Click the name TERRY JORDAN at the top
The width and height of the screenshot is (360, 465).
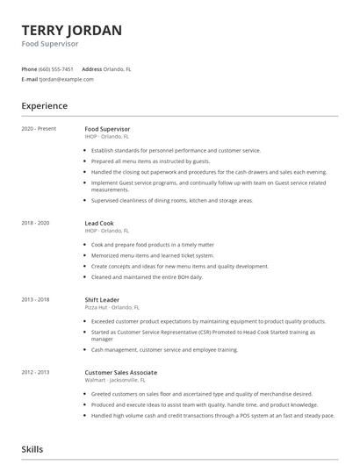point(71,30)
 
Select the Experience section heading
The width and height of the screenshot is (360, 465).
point(44,106)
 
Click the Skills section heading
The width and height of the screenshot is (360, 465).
point(32,449)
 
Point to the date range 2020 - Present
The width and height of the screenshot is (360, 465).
point(39,129)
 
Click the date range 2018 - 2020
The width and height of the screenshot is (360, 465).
point(36,224)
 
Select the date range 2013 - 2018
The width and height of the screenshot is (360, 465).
point(36,299)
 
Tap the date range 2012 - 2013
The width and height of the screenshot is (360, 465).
point(36,372)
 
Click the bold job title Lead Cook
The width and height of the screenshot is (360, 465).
point(99,224)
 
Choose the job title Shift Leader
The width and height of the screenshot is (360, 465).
point(102,299)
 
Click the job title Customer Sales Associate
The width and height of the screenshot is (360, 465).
point(122,372)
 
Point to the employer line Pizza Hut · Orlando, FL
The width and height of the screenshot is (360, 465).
point(112,307)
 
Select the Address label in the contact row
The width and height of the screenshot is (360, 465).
point(92,68)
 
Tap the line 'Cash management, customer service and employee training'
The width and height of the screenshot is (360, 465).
point(164,349)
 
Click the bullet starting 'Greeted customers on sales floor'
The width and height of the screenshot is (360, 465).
point(188,394)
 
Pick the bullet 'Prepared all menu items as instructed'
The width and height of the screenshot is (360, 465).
point(150,161)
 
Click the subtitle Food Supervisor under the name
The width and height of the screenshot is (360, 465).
point(49,44)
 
